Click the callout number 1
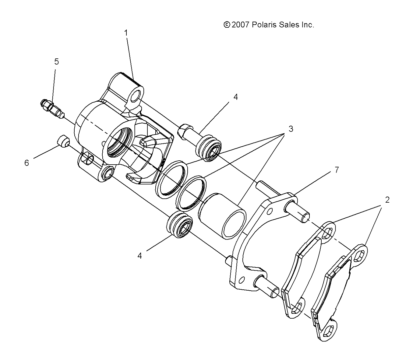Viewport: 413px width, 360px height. pyautogui.click(x=126, y=33)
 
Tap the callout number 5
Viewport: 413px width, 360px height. pyautogui.click(x=57, y=62)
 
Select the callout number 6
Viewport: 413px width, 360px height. pyautogui.click(x=26, y=163)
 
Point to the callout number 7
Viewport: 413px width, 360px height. pyautogui.click(x=337, y=170)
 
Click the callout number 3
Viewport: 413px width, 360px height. pyautogui.click(x=291, y=129)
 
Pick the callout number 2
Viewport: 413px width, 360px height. pyautogui.click(x=387, y=200)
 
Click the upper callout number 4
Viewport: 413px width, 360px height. pyautogui.click(x=235, y=97)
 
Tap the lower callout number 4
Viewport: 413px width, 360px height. pyautogui.click(x=139, y=256)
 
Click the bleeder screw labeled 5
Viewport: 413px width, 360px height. pyautogui.click(x=52, y=109)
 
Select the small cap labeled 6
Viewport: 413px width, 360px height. pyautogui.click(x=63, y=142)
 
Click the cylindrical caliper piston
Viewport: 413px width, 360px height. pyautogui.click(x=222, y=216)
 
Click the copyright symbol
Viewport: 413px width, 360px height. pyautogui.click(x=227, y=25)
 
